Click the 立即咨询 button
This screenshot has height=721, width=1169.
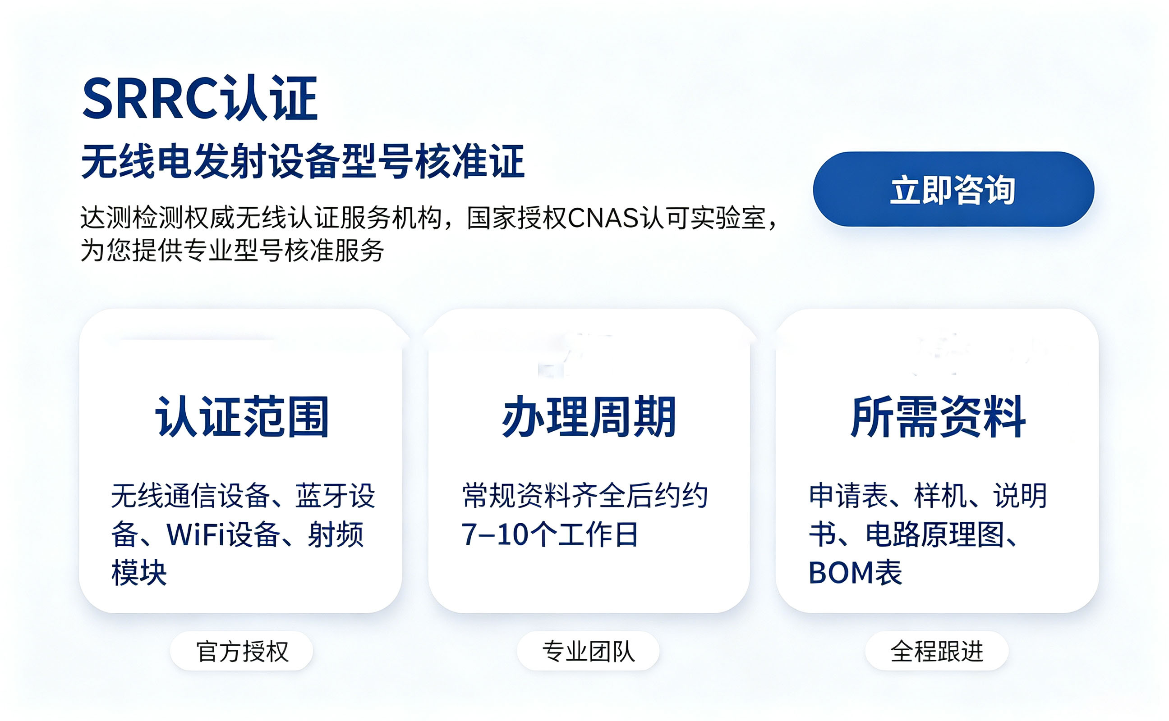click(953, 189)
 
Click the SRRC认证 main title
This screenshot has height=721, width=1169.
click(200, 98)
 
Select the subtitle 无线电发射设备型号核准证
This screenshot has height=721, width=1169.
click(303, 161)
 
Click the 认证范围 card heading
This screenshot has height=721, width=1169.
click(242, 417)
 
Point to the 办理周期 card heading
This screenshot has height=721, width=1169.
click(589, 417)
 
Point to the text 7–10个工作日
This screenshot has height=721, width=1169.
click(549, 534)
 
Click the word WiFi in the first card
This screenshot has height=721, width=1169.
click(196, 534)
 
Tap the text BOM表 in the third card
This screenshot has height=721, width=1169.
click(855, 572)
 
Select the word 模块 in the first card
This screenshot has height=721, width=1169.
click(139, 572)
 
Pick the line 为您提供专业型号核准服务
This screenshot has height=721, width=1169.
click(232, 251)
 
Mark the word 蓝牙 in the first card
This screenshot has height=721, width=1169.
click(322, 496)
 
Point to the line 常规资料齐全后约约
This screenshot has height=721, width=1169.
click(584, 496)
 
